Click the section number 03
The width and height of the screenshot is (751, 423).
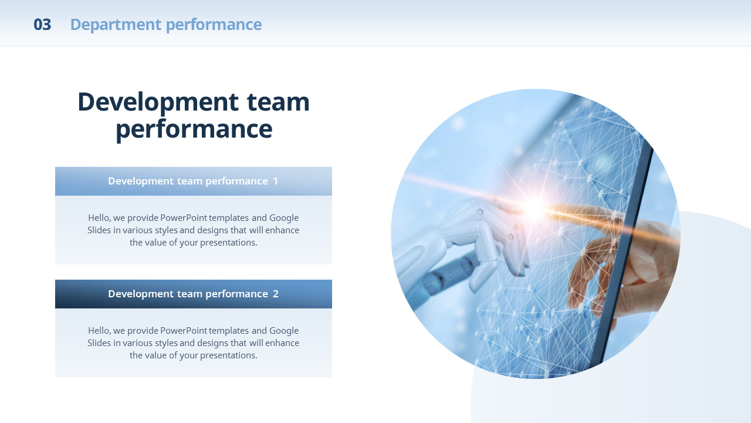(42, 25)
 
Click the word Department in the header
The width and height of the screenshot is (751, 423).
(116, 25)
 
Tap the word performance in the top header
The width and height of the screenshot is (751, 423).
(214, 25)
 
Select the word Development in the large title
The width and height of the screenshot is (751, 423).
(158, 102)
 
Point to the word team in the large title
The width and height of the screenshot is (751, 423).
(278, 102)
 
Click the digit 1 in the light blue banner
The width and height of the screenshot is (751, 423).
(276, 182)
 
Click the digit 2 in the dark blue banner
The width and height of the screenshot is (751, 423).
(276, 294)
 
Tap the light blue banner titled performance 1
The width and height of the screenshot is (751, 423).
(194, 182)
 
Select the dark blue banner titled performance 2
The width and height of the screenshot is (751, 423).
(194, 294)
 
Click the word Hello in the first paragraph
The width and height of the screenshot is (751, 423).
(99, 218)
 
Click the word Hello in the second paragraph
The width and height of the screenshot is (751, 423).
(99, 331)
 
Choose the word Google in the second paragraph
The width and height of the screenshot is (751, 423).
(283, 331)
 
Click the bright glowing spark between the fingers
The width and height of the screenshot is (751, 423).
(534, 207)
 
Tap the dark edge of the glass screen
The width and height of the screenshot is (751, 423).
(620, 255)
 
